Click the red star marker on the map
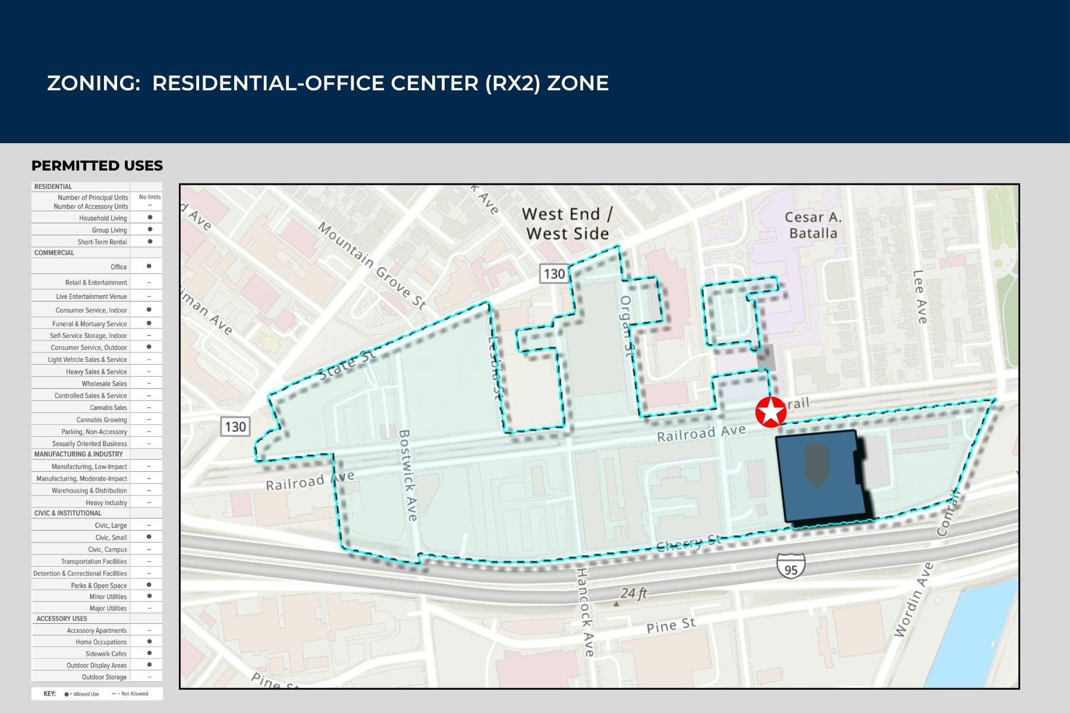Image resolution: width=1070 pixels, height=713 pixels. (x=770, y=412)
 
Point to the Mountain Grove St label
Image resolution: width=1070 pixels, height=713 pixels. (x=372, y=265)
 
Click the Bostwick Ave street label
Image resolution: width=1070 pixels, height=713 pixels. (x=408, y=475)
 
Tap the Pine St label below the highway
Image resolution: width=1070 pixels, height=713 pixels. (x=671, y=626)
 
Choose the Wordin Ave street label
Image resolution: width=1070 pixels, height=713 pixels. (x=914, y=600)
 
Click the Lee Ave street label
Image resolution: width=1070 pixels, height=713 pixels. (x=920, y=297)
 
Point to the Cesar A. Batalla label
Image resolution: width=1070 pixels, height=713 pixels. (x=813, y=225)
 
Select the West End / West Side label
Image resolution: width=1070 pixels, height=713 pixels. (x=567, y=223)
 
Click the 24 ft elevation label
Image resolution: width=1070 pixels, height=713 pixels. (x=634, y=593)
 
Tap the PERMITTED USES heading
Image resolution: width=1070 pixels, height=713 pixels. (x=97, y=166)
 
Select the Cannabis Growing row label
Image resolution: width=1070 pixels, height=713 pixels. (x=102, y=419)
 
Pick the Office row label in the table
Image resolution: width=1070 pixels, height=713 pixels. (x=119, y=267)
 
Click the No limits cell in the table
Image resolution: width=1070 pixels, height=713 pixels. (x=150, y=197)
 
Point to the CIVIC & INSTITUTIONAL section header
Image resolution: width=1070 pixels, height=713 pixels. (x=68, y=513)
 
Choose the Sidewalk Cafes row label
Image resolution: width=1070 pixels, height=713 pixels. (x=106, y=654)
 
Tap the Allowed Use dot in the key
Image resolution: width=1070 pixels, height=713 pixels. (x=67, y=694)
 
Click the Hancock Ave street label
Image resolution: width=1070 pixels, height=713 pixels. (x=585, y=612)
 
